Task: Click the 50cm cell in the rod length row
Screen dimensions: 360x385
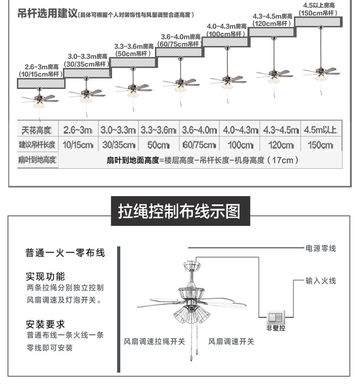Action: pos(159,145)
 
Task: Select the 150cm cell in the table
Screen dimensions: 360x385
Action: pos(320,145)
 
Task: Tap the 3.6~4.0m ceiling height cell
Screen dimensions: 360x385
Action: pos(200,130)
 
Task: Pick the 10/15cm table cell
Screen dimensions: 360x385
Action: pos(78,145)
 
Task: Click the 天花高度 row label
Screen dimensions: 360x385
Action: pos(36,130)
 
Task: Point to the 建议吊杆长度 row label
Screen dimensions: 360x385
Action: pos(37,145)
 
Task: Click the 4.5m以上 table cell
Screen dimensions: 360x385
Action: pos(320,130)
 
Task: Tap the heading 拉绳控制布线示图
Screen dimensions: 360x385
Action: pos(179,211)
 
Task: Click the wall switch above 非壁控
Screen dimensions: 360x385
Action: pos(276,317)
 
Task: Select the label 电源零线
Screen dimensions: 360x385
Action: pos(321,249)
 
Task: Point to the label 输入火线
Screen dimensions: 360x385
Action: pos(321,281)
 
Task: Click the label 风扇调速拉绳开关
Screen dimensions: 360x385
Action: pos(154,341)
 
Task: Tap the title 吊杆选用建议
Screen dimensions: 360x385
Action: pos(47,13)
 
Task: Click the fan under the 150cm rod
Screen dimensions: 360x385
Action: pos(321,73)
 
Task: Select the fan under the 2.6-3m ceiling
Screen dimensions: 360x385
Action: pos(40,101)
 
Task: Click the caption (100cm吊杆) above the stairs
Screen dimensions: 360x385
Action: pos(226,34)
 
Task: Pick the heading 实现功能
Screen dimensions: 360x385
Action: pos(46,276)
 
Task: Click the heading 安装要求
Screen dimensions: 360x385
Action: pos(46,324)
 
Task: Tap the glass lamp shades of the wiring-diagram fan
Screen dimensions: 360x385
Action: pos(192,315)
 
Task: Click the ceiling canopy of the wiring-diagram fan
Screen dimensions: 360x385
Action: pos(192,265)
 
